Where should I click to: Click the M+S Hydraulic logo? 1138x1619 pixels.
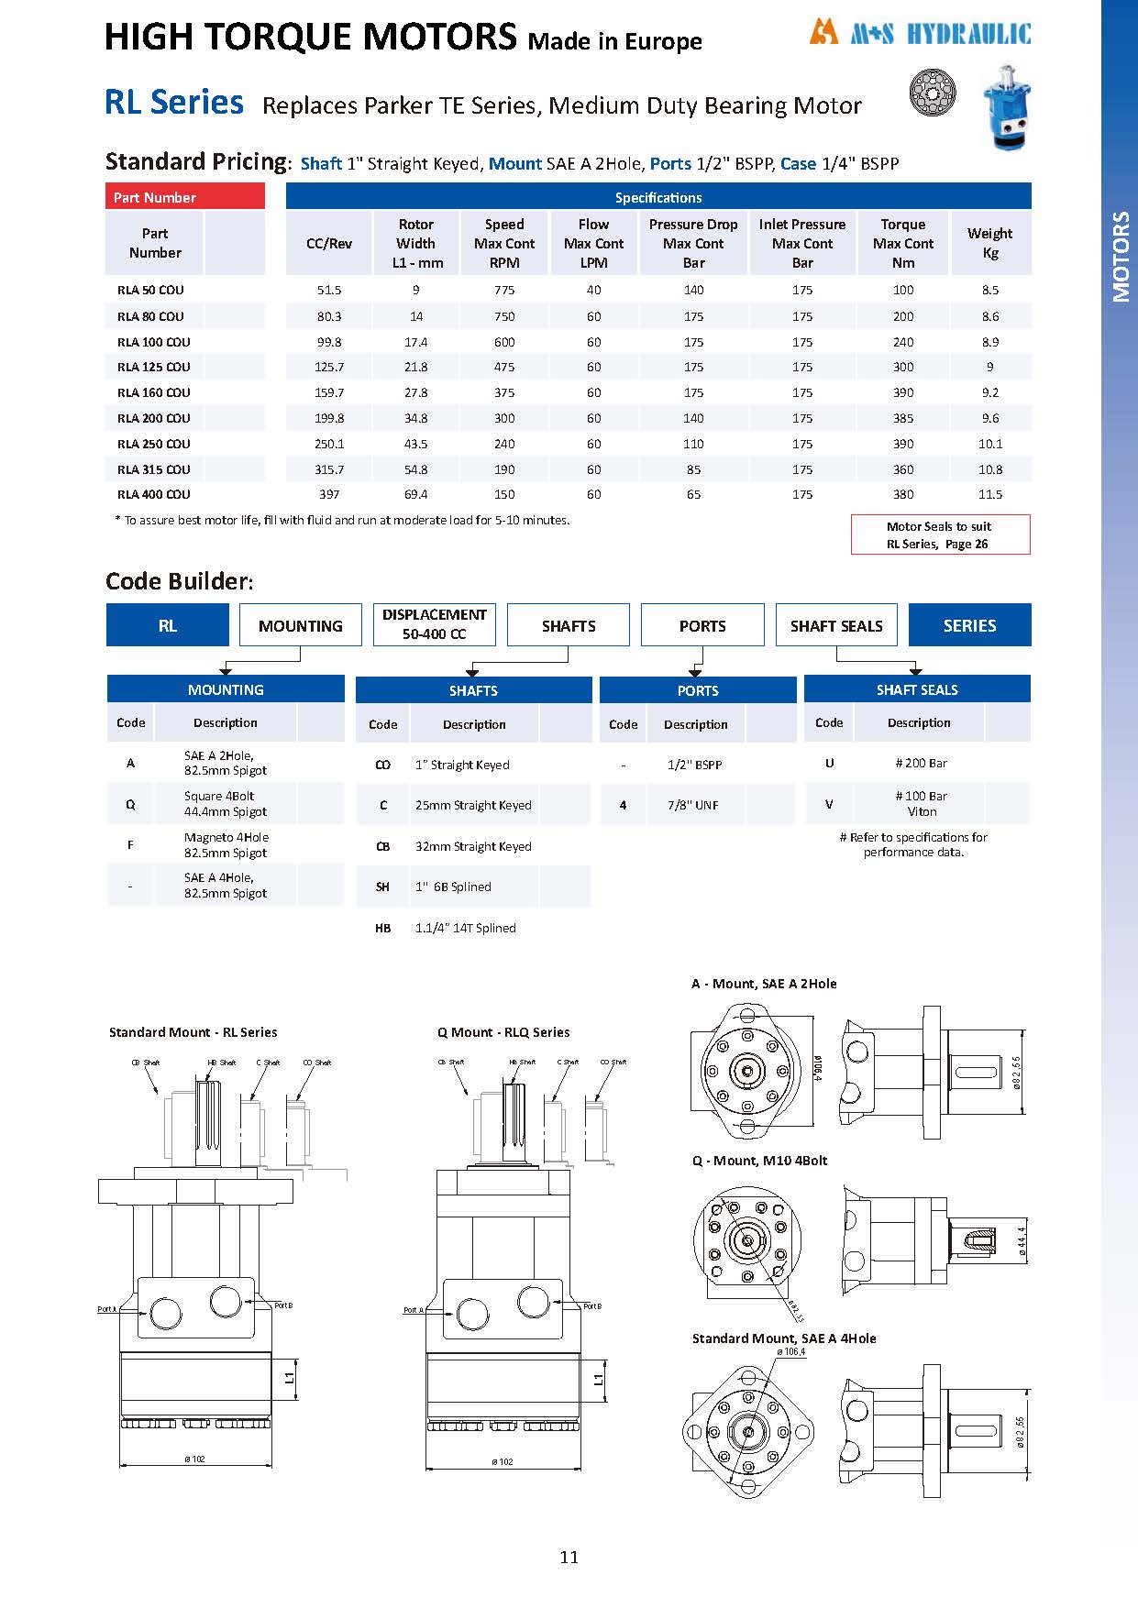click(920, 34)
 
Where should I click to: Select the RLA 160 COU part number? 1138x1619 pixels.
click(154, 392)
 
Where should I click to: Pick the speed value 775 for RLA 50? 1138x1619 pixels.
click(504, 290)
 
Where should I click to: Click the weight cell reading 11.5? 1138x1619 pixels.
click(989, 494)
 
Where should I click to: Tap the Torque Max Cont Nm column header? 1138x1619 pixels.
click(902, 243)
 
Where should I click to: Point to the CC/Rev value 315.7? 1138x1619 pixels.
click(329, 469)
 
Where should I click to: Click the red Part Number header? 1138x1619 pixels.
click(185, 197)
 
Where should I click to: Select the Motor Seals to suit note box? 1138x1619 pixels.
click(940, 534)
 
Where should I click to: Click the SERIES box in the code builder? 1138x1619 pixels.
click(969, 625)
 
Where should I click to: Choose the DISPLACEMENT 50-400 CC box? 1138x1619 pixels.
click(434, 624)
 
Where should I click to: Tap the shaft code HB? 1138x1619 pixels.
click(383, 928)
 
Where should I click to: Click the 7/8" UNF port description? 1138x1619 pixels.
click(693, 805)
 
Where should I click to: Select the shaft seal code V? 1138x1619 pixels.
click(829, 804)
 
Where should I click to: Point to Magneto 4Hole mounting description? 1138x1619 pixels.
click(226, 844)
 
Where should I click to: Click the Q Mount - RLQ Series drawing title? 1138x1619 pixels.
click(503, 1032)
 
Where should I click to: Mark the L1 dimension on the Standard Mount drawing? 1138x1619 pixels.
click(290, 1377)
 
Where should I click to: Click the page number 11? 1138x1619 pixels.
click(569, 1557)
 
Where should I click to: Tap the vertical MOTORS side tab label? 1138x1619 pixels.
click(1121, 257)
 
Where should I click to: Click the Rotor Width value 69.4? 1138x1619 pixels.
click(415, 494)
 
